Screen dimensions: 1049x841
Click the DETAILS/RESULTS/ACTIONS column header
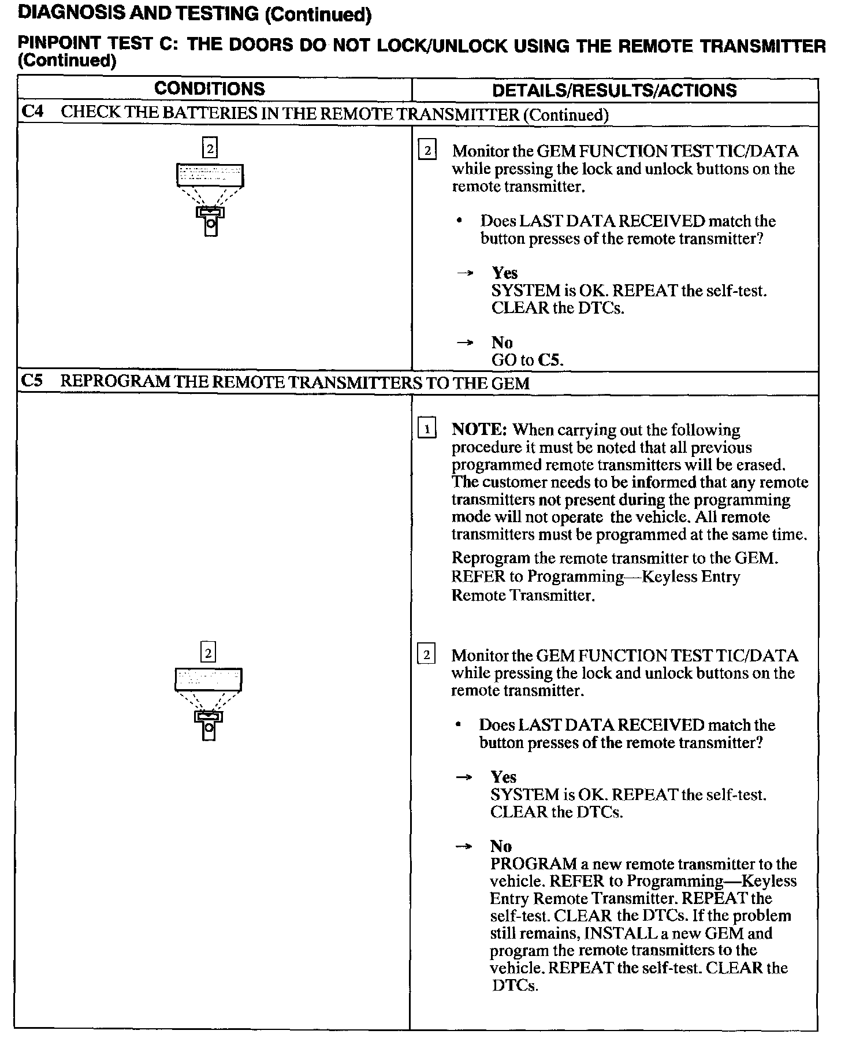(614, 90)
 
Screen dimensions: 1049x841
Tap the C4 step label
(32, 112)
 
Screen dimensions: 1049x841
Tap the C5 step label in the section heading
(32, 381)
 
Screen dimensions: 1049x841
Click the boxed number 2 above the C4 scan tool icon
(210, 148)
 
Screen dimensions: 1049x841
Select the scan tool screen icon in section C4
(210, 175)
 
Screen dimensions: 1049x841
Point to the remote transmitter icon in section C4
(211, 221)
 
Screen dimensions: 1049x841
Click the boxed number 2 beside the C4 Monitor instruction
(427, 151)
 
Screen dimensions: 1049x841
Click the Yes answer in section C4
(504, 273)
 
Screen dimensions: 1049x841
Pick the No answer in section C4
(502, 343)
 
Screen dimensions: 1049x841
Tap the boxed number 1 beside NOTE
(427, 429)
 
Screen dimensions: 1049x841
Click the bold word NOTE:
(479, 430)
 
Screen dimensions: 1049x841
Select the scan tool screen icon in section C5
(209, 679)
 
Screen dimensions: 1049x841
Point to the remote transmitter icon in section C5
(209, 726)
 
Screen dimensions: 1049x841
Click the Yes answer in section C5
(503, 777)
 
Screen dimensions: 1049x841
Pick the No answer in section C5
(501, 846)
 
